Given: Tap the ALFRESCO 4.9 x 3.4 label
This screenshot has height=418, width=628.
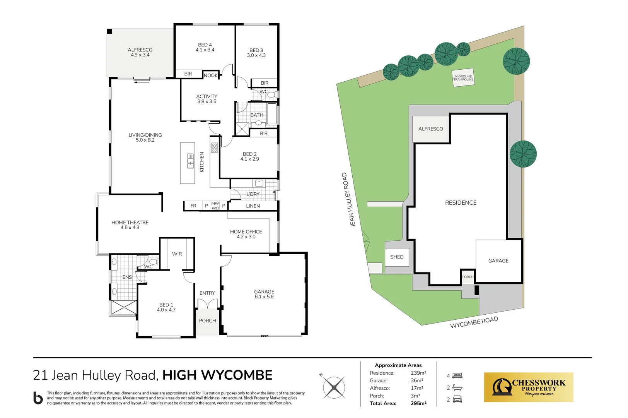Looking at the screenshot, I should (x=140, y=52).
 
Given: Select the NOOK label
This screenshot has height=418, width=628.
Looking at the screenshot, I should (x=211, y=75).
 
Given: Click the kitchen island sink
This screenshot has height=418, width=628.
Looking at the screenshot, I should (x=190, y=161).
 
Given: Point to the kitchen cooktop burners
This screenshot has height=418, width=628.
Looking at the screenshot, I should (x=214, y=147).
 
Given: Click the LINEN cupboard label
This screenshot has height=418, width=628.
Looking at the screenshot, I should (x=253, y=206).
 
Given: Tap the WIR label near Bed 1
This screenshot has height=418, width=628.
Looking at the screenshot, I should (x=177, y=254).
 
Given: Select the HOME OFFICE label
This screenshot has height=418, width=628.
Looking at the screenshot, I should (x=246, y=234).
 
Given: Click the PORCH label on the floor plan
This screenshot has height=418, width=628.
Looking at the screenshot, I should (x=207, y=320).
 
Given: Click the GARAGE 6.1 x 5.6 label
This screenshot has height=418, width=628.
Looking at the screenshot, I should (x=264, y=294).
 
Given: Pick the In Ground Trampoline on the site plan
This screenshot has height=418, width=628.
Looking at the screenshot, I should (x=463, y=78).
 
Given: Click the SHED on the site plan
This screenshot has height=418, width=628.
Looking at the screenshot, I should (x=397, y=257).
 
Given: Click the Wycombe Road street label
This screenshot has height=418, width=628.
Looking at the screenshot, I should (x=474, y=322).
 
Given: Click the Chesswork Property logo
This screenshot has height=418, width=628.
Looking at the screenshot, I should (x=528, y=387).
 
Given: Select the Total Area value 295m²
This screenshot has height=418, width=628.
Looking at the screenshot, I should (x=418, y=403).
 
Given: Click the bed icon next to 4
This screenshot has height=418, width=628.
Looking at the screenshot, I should (x=457, y=376).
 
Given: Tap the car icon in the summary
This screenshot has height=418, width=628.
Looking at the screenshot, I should (x=457, y=399).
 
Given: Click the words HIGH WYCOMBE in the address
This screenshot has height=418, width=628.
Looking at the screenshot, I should (x=217, y=375).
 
